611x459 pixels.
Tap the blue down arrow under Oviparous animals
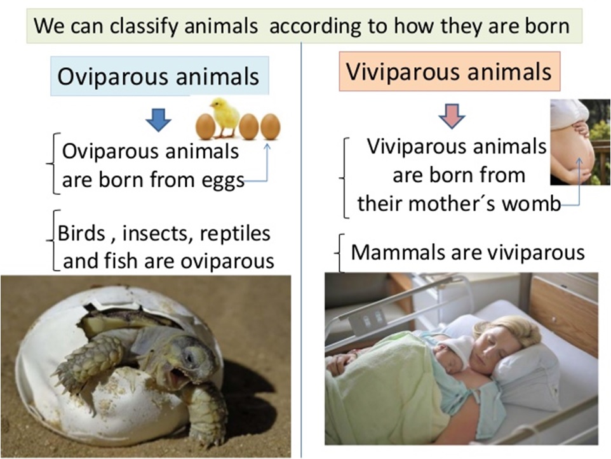point(158,119)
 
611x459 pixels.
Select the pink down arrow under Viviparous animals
point(452,116)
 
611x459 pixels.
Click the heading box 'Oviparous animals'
point(159,76)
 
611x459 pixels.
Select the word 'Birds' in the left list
point(79,233)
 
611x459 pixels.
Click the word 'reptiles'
point(236,233)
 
